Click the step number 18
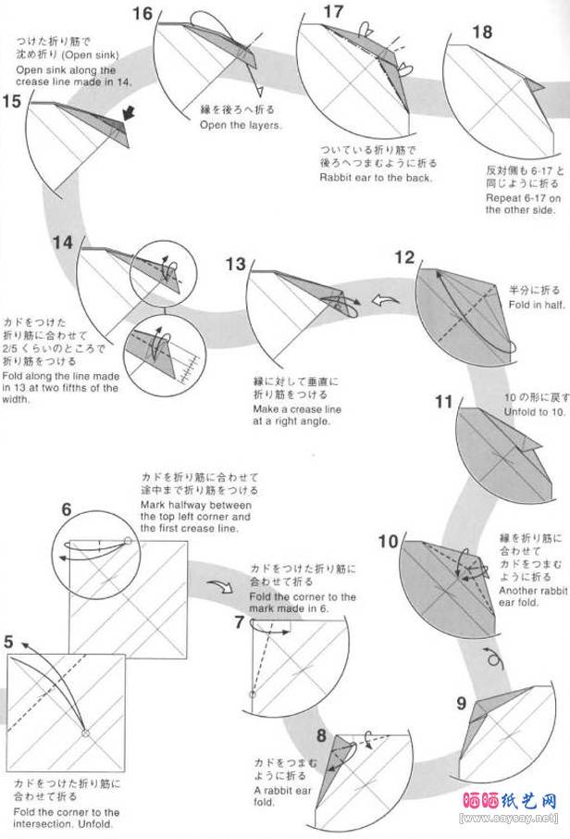tap(481, 32)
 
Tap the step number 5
tap(8, 641)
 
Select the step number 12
tap(404, 257)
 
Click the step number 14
tap(62, 243)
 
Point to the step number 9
tap(462, 703)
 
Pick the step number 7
tap(239, 622)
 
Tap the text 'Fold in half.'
tap(533, 304)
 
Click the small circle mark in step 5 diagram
tap(85, 733)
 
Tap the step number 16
tap(142, 13)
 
